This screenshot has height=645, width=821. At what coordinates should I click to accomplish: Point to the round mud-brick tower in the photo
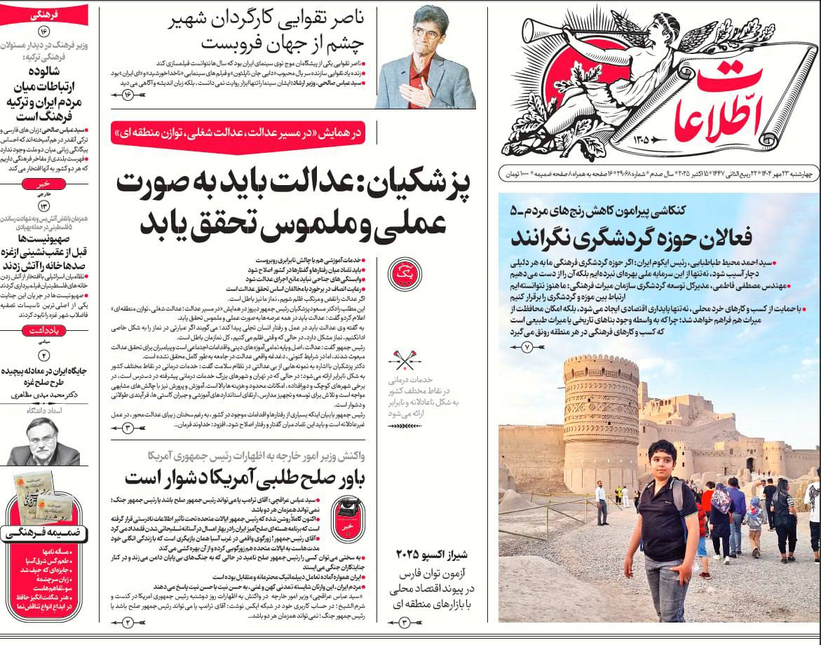tap(601, 414)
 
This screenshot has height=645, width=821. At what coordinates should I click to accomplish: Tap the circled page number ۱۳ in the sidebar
tap(44, 205)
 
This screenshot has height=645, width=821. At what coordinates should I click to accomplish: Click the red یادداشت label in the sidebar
tap(43, 331)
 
